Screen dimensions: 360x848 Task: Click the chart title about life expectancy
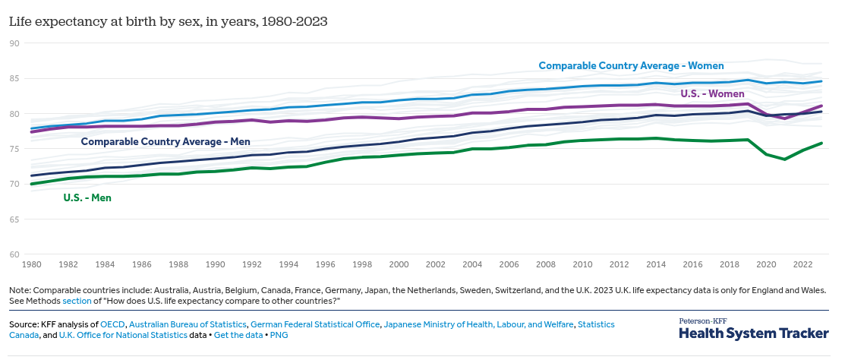(x=168, y=21)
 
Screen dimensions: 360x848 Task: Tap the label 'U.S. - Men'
(x=87, y=198)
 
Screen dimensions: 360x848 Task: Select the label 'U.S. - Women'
(x=713, y=93)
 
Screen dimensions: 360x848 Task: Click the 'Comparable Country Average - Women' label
(x=631, y=66)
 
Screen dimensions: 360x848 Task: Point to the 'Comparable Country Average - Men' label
(x=166, y=142)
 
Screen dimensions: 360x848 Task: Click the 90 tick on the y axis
(x=14, y=43)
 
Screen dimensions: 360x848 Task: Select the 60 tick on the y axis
(x=14, y=254)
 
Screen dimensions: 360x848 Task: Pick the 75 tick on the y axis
(x=14, y=149)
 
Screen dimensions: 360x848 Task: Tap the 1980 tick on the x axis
(x=31, y=264)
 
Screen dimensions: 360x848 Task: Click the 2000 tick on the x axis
(x=399, y=264)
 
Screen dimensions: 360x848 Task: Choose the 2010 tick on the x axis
(x=582, y=264)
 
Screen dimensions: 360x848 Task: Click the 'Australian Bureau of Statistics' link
(x=187, y=324)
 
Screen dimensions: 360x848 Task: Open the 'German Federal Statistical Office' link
(x=315, y=324)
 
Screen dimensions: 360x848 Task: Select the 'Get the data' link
(x=238, y=335)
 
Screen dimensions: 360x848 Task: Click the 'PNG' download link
(x=279, y=335)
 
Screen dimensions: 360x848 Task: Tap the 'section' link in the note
(x=76, y=302)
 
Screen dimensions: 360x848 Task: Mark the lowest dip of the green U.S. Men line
(x=784, y=159)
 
